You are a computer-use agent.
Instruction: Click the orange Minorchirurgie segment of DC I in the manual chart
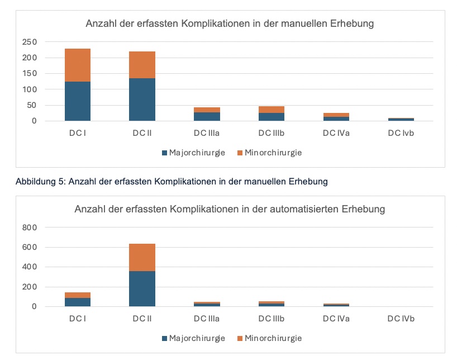pos(78,65)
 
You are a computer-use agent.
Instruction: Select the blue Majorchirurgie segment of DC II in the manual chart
pos(142,100)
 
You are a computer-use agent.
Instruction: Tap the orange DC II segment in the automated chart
pos(142,257)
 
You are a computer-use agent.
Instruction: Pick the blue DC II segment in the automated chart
pos(142,288)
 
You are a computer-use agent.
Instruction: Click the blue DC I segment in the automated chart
pos(78,302)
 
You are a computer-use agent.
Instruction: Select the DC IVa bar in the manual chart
pos(336,117)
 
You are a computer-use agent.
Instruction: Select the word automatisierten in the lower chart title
pos(317,210)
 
